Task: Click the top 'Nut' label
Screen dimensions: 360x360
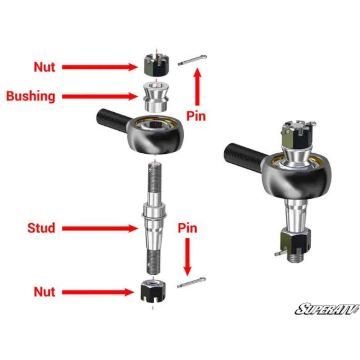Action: coord(45,67)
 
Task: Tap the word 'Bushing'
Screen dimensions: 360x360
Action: coord(31,96)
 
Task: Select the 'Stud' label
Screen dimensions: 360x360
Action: coord(41,228)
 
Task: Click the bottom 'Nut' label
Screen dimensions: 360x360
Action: coord(45,292)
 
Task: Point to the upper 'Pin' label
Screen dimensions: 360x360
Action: coord(196,116)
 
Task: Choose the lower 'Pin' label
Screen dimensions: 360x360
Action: coord(188,228)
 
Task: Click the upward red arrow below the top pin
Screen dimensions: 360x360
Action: coord(197,87)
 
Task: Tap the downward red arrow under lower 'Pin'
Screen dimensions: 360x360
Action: coord(188,257)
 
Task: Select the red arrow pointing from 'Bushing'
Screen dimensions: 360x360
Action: coord(100,96)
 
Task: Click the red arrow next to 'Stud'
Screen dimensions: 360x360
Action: coord(100,229)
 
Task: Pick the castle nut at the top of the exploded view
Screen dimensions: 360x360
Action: coord(157,65)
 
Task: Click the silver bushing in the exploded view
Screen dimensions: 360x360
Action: coord(156,97)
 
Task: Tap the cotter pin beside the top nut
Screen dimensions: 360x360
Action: coord(192,60)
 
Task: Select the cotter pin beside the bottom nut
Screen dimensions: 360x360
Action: coord(191,283)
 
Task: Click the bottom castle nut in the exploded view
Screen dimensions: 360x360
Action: coord(153,291)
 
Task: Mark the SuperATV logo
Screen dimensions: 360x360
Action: coord(327,309)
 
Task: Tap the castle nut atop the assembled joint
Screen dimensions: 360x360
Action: coord(297,135)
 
